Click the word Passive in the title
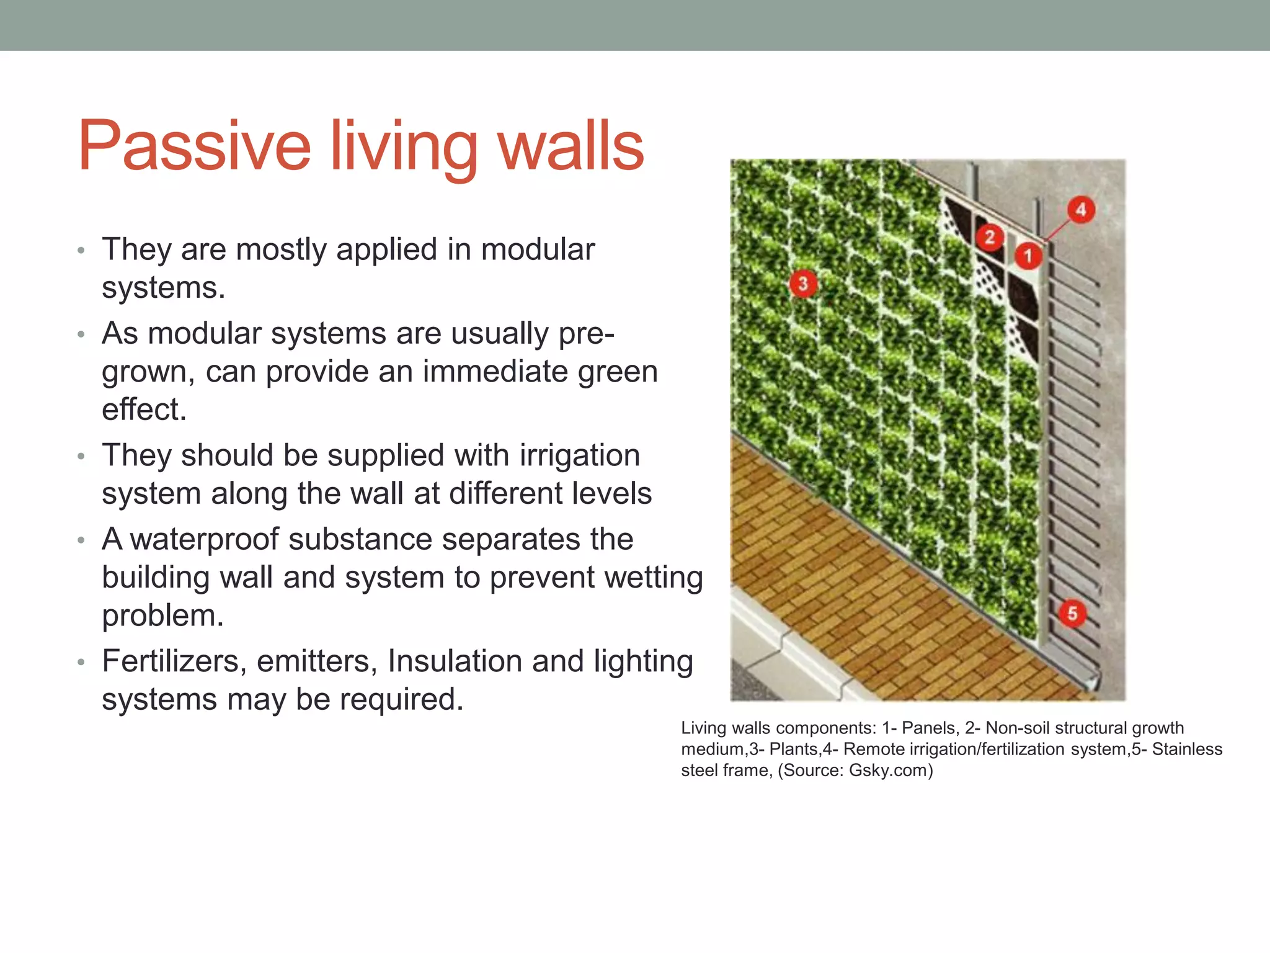(194, 146)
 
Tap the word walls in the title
(571, 146)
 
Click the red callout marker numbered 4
(1081, 210)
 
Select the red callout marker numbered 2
(990, 237)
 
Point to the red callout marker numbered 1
(1028, 256)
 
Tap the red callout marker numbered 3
(803, 284)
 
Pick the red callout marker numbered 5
(1072, 614)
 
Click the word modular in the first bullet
(538, 249)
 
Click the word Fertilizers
(171, 661)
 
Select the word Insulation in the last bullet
(455, 661)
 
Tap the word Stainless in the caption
(1187, 749)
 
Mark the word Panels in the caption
(928, 728)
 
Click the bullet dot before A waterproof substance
(81, 540)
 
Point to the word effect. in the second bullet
(144, 409)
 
